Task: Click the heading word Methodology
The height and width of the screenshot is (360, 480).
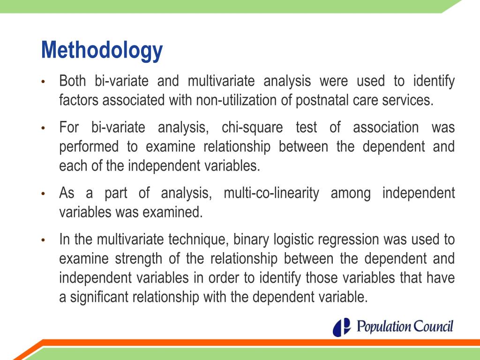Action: click(102, 51)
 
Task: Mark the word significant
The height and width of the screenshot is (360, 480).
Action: click(99, 298)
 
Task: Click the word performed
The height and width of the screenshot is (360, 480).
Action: click(89, 147)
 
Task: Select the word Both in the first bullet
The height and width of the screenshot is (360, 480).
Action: click(73, 82)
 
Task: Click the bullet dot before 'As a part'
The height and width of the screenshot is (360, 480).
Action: click(43, 194)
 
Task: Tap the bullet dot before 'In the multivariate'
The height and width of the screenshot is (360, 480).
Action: click(43, 240)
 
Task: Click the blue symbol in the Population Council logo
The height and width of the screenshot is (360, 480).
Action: click(342, 327)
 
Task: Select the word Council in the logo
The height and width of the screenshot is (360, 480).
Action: click(431, 326)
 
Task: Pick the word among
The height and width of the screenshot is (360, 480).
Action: click(347, 193)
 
